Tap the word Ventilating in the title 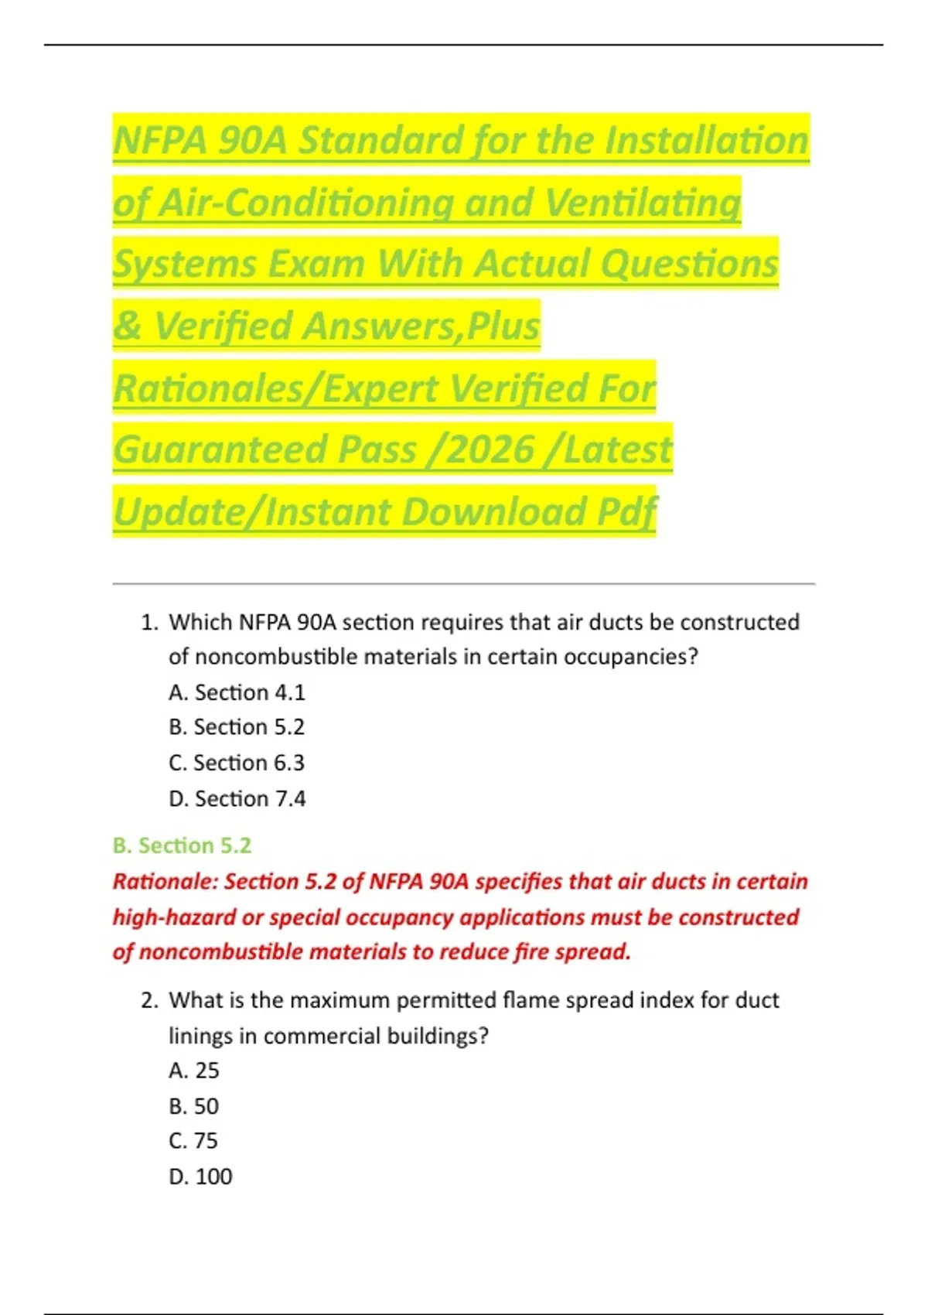643,203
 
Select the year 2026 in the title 490,449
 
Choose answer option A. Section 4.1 237,692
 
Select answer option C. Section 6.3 237,763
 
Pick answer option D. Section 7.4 237,798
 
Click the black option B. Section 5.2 237,727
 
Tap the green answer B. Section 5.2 182,845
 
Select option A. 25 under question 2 194,1071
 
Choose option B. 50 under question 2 194,1106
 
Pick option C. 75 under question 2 194,1141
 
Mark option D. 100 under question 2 200,1177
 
